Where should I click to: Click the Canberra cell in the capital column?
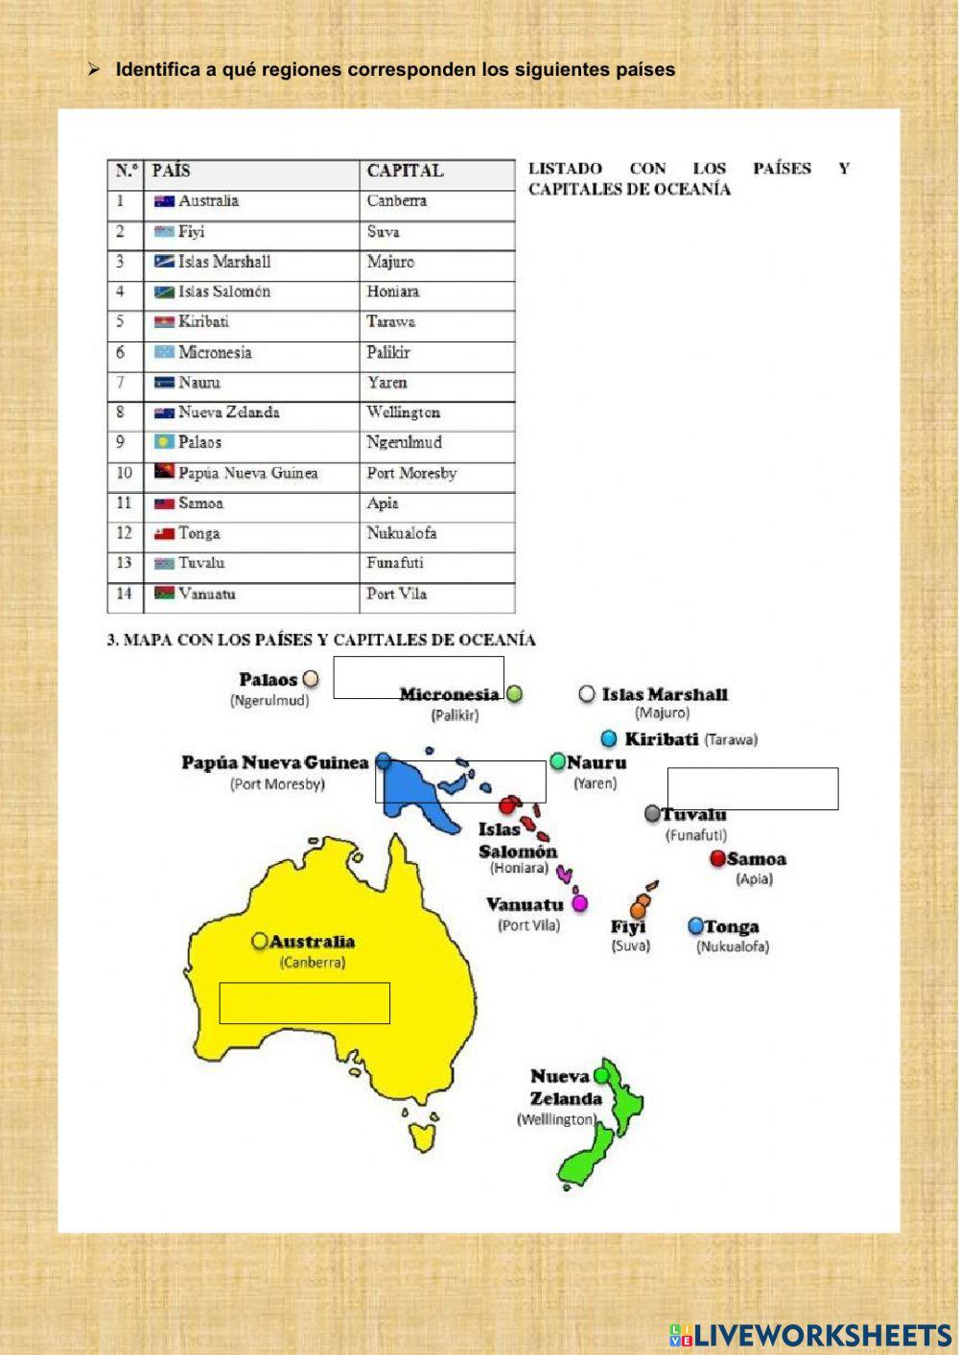click(x=397, y=201)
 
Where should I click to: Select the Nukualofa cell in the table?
click(x=402, y=533)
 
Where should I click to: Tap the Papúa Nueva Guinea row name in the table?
click(x=247, y=473)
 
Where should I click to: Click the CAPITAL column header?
click(x=405, y=171)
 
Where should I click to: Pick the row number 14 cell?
click(x=124, y=594)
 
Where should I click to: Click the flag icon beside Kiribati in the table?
click(x=164, y=322)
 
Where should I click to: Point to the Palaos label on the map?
click(x=269, y=680)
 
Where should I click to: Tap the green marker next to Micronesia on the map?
click(x=515, y=693)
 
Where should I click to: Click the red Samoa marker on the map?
click(x=717, y=858)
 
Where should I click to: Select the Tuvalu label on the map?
click(x=693, y=814)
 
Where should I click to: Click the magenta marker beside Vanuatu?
click(x=579, y=903)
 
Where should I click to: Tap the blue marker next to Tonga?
click(x=696, y=926)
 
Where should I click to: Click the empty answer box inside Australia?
click(x=305, y=1003)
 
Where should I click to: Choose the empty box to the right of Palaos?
click(x=418, y=677)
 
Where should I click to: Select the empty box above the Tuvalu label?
click(x=753, y=788)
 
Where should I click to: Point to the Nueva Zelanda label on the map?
click(x=566, y=1087)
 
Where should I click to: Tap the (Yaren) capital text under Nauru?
click(x=596, y=783)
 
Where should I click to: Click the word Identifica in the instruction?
click(x=157, y=70)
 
